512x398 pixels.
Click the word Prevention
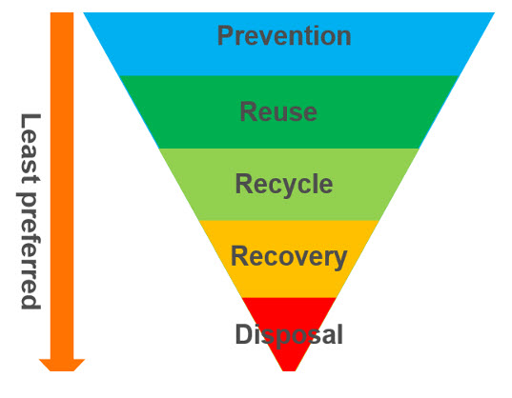coord(284,35)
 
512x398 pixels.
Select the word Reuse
coord(278,111)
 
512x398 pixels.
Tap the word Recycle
coord(284,185)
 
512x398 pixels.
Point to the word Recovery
coord(289,257)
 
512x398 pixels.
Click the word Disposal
coord(289,334)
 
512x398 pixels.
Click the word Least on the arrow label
coord(30,149)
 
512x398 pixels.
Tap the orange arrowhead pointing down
coord(62,365)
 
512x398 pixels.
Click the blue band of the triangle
coord(289,44)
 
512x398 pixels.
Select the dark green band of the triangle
coord(289,112)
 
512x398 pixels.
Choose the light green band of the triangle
coord(289,185)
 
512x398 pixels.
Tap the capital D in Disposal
coord(243,334)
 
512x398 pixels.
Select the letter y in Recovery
coord(339,260)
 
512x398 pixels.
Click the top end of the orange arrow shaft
coord(62,12)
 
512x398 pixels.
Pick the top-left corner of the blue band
coord(84,12)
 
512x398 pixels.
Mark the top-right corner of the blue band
coord(495,12)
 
